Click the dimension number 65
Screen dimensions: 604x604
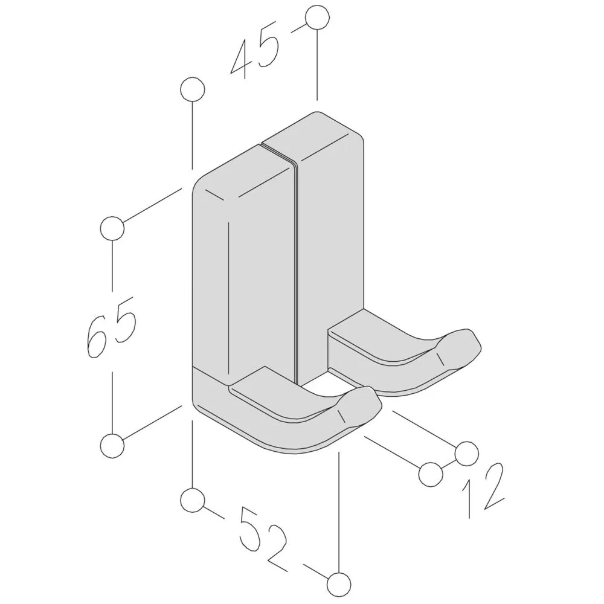111,326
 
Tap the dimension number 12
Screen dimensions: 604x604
483,490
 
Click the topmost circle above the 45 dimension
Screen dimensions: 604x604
317,17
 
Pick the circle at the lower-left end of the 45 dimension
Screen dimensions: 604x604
192,89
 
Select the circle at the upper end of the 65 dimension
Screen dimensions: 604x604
112,228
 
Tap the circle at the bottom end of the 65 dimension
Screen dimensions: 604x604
112,446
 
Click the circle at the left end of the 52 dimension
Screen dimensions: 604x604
192,500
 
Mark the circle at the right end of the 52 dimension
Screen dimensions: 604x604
339,584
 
